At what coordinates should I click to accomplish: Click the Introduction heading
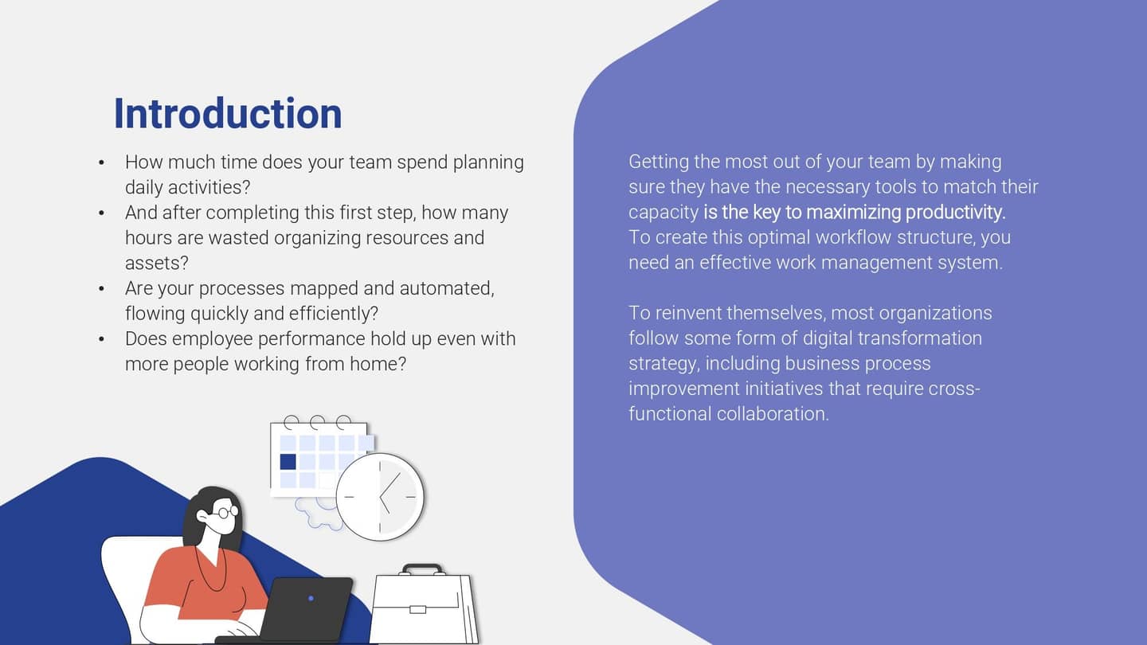pyautogui.click(x=228, y=114)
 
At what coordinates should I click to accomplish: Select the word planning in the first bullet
pyautogui.click(x=488, y=162)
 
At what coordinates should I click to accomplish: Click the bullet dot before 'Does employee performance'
pyautogui.click(x=101, y=339)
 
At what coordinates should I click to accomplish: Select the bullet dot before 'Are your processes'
pyautogui.click(x=101, y=289)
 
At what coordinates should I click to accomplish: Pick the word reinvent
pyautogui.click(x=688, y=313)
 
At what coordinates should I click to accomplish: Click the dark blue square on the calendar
pyautogui.click(x=288, y=461)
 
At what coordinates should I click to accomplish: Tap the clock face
pyautogui.click(x=380, y=497)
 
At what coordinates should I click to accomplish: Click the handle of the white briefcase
pyautogui.click(x=422, y=569)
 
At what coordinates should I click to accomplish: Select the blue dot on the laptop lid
pyautogui.click(x=311, y=598)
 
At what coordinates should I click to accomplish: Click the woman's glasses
pyautogui.click(x=224, y=512)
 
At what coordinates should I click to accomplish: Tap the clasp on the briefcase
pyautogui.click(x=417, y=609)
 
